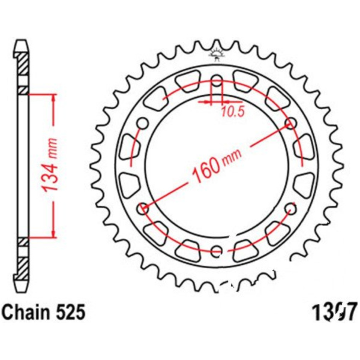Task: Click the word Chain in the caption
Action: pyautogui.click(x=26, y=313)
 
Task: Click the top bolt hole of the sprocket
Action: pyautogui.click(x=217, y=81)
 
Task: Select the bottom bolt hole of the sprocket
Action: pyautogui.click(x=217, y=250)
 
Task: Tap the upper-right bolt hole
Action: pyautogui.click(x=292, y=124)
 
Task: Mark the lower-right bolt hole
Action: pyautogui.click(x=292, y=208)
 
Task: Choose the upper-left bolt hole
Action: pyautogui.click(x=143, y=124)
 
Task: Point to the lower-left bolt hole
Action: pyautogui.click(x=143, y=209)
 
